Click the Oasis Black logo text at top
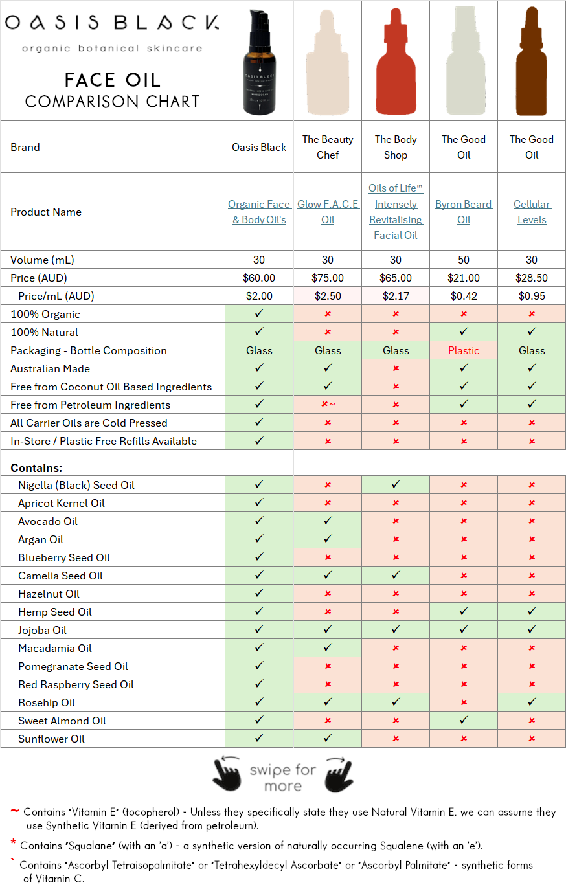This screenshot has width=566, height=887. point(111,24)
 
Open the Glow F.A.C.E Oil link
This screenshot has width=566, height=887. point(328,212)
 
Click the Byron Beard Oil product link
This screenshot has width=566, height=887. point(464,212)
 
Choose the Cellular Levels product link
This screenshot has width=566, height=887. point(532,212)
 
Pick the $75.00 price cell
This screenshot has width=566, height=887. point(328,278)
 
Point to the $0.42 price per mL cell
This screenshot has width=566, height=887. point(464,296)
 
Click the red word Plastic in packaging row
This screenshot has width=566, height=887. point(464,350)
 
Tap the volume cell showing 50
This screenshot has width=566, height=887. point(464,260)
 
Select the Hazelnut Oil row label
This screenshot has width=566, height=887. point(49,594)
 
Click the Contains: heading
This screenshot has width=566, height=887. point(36,468)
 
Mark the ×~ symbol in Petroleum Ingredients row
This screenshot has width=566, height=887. point(328,405)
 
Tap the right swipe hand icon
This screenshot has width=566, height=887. point(338,772)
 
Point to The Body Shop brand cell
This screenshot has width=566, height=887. point(395,147)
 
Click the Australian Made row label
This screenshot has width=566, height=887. point(50,368)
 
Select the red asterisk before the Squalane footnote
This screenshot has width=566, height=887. point(14,843)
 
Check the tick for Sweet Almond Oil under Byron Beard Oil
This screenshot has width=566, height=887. point(464,721)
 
